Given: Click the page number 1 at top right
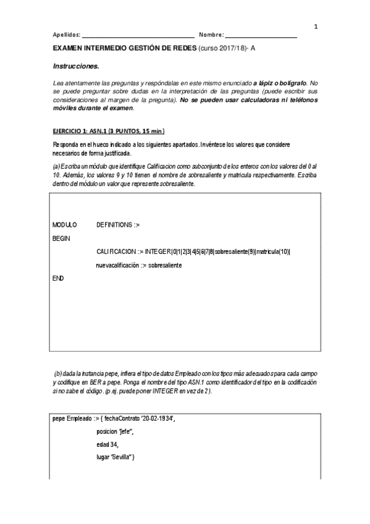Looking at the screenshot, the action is (316, 27).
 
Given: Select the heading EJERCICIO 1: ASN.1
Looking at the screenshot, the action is (83, 132).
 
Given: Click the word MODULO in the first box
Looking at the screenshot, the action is (64, 226).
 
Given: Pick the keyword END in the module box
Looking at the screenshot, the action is (58, 279).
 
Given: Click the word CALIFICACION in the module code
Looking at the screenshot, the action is (117, 252).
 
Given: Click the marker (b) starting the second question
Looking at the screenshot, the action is (58, 373).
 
